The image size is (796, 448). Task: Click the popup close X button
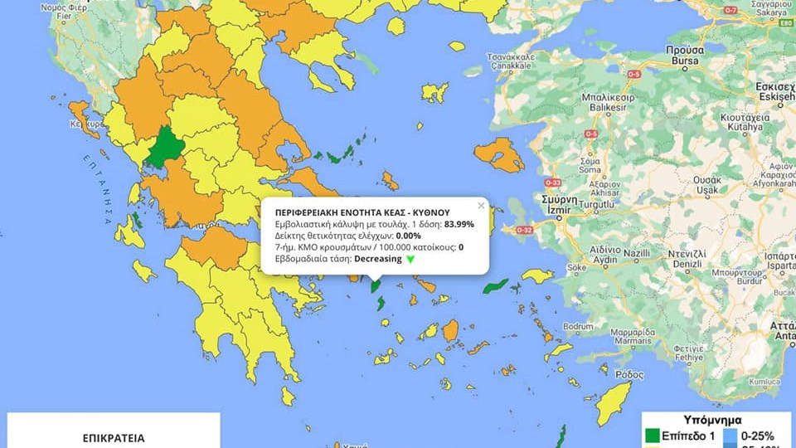(x=480, y=205)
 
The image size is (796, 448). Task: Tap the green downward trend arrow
(x=410, y=259)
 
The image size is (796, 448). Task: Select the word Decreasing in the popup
(x=377, y=259)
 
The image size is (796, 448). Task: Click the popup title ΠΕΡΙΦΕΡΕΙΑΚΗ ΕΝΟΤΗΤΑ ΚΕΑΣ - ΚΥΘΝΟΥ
(x=362, y=212)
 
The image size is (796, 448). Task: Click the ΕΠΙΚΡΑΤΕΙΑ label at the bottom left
(x=114, y=436)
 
